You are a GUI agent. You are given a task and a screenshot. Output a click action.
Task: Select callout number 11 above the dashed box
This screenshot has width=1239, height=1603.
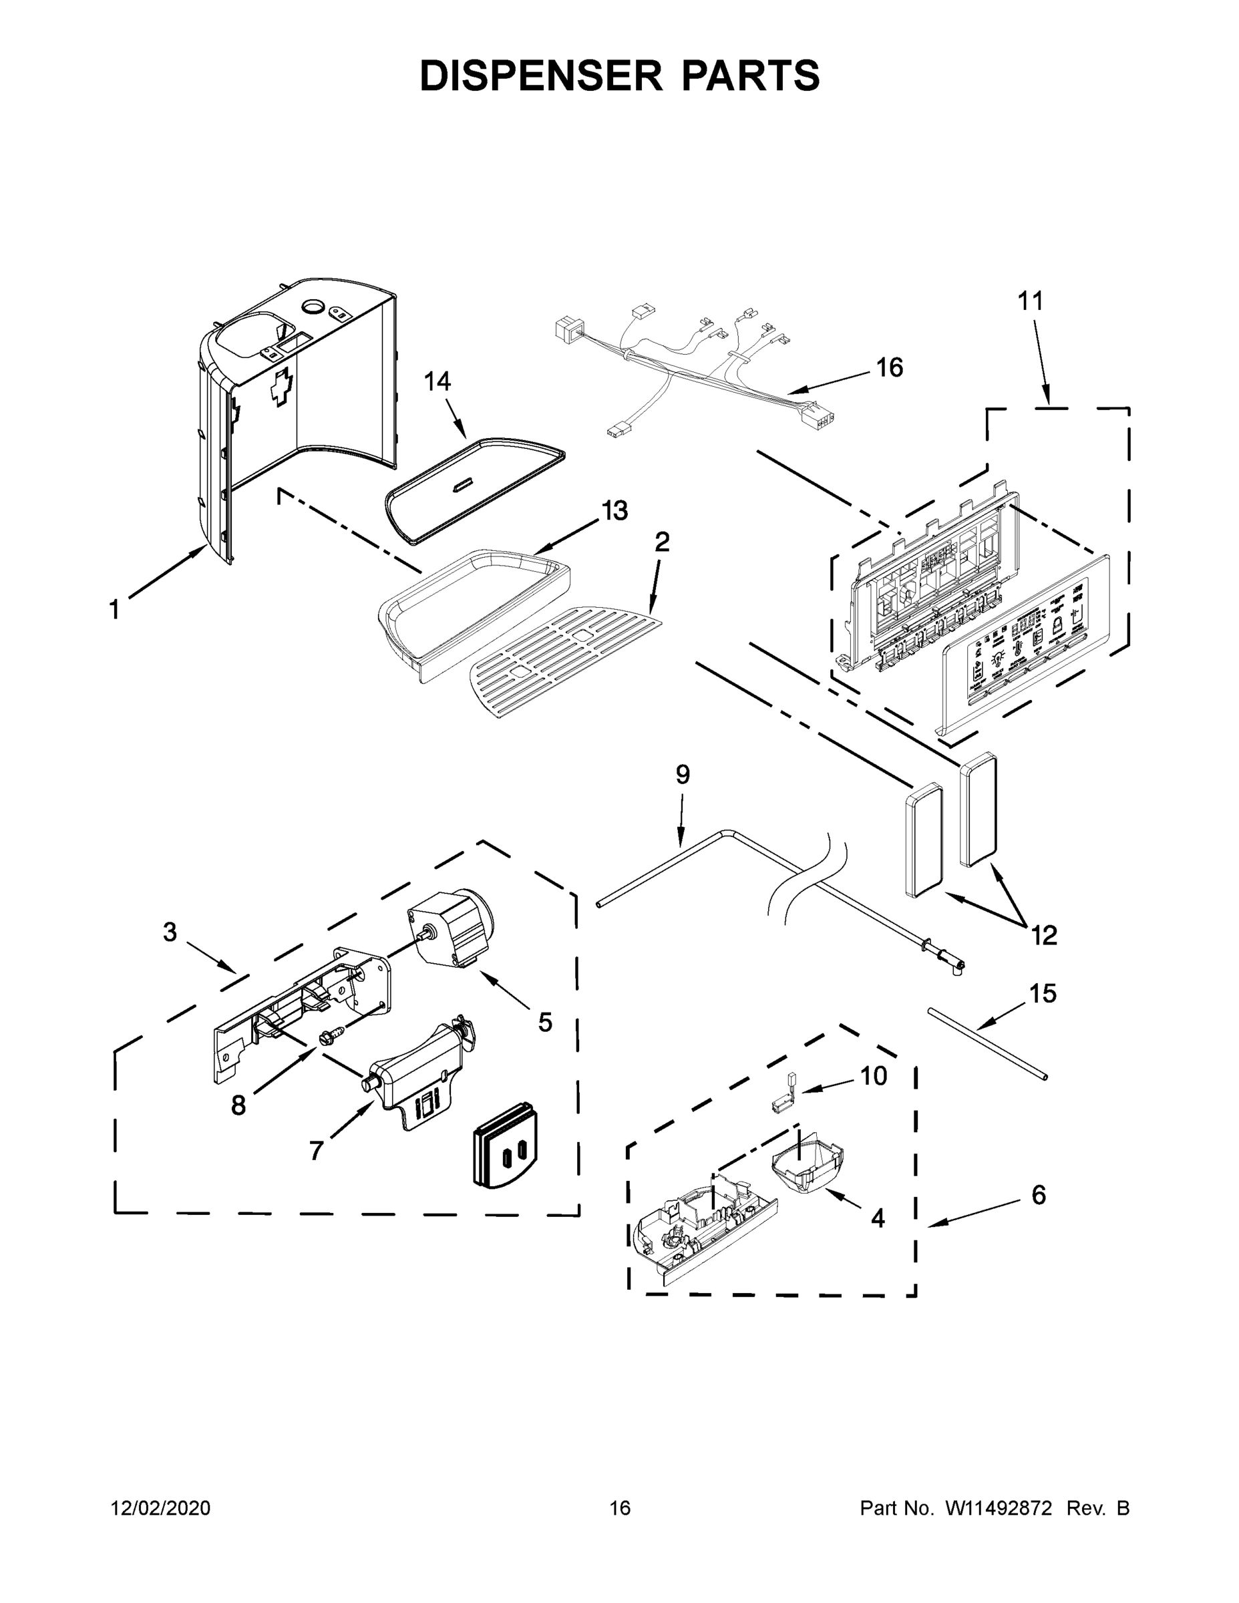pos(1030,301)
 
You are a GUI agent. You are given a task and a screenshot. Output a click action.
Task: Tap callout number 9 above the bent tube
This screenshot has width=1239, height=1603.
pos(683,774)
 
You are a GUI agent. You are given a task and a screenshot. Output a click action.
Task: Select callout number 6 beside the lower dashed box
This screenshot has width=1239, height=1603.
pos(1039,1195)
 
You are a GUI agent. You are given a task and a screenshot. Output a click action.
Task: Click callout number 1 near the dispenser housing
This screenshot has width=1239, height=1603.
pos(114,609)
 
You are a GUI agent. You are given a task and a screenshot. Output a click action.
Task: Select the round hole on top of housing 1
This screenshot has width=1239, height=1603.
pos(314,307)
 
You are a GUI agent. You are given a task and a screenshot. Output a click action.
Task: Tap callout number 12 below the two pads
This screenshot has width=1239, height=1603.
pos(1044,935)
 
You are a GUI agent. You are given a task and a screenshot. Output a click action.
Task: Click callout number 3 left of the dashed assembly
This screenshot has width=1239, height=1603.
pos(170,932)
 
